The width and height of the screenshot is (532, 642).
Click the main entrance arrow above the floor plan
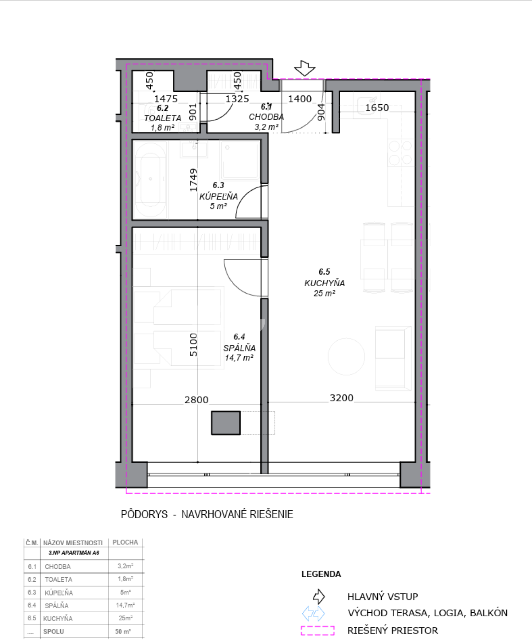point(305,68)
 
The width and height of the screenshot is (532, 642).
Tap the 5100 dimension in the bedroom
point(193,344)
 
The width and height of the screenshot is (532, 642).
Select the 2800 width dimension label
point(196,400)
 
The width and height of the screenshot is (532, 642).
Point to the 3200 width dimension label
point(341,398)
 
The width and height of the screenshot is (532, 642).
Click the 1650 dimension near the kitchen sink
point(377,108)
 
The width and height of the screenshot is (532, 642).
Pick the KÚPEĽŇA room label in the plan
point(219,197)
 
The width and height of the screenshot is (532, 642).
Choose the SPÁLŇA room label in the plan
point(239,348)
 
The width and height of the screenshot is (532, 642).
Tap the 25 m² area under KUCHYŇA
point(324,293)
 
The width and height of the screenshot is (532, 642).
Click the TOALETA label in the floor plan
point(163,118)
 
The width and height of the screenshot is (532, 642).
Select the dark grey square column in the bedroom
point(226,423)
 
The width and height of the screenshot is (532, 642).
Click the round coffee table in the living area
point(346,357)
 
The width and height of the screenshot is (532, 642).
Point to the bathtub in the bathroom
point(150,179)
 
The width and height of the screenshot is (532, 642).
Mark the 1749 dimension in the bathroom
point(193,180)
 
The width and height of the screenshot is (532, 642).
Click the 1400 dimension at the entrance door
point(300,98)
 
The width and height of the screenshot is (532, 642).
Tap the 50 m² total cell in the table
point(123,631)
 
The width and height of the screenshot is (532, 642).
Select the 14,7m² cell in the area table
point(125,605)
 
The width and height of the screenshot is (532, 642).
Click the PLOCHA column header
point(125,542)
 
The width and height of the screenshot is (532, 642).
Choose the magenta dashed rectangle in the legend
point(317,630)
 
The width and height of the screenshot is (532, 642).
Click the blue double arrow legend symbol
point(313,614)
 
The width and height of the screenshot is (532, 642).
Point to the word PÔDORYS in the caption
point(144,514)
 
